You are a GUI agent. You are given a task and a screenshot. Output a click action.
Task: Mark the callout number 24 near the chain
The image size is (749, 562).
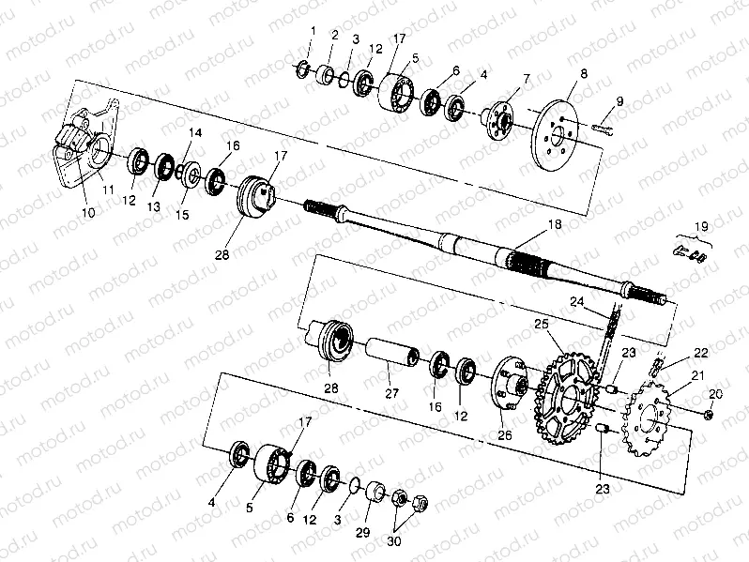[576, 302]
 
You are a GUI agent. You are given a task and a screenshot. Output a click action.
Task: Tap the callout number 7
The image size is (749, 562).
[526, 78]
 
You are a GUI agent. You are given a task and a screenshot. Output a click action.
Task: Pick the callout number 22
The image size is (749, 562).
[700, 352]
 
